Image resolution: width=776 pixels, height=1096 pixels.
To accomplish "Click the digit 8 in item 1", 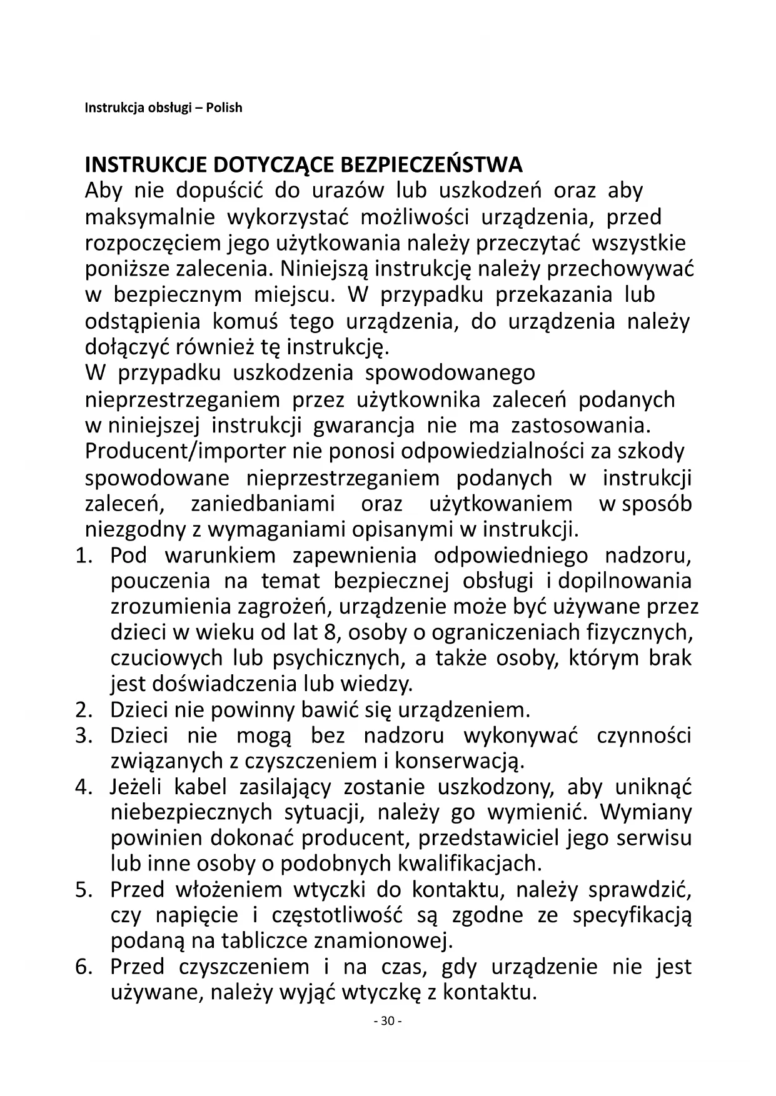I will click(331, 632).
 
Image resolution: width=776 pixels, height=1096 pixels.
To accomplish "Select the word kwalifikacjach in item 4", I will click(469, 864).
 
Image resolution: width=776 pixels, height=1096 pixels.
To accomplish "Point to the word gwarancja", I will click(363, 426).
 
